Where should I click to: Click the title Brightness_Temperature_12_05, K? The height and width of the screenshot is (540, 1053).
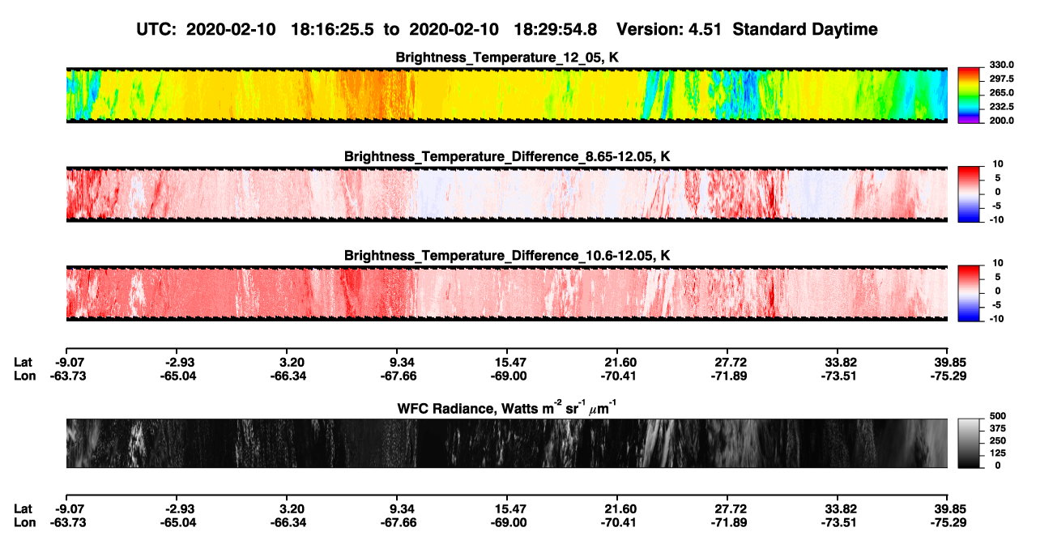point(507,57)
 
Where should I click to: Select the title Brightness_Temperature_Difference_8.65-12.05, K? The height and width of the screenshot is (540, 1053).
point(507,156)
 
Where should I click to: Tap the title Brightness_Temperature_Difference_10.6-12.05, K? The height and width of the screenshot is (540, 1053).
point(507,256)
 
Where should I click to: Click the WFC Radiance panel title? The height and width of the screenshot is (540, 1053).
point(507,407)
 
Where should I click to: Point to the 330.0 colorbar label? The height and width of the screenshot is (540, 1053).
point(1001,65)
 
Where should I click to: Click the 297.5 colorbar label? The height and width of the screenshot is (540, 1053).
point(1001,79)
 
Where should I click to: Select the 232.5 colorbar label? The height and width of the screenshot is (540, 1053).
point(1001,107)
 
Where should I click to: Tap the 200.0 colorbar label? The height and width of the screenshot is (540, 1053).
point(1001,121)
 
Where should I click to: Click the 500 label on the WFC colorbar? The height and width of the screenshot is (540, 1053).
point(998,416)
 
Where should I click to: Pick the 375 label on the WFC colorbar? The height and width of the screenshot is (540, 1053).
point(998,428)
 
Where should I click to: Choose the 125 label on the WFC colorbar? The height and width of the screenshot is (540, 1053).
point(998,453)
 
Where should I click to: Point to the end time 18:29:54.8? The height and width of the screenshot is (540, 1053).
point(555,29)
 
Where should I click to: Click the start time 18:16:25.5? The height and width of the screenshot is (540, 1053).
point(332,29)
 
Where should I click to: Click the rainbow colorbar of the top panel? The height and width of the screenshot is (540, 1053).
point(969,96)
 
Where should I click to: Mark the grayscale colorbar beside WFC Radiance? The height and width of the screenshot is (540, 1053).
point(969,443)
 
